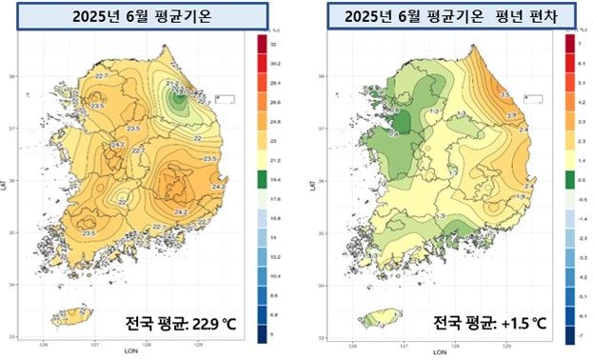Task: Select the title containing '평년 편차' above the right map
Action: pos(443,17)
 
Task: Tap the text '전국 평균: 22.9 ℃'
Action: pos(180,326)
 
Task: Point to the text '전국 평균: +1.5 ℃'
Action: pos(488,326)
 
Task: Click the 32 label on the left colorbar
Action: pos(274,46)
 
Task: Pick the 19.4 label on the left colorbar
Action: pos(275,180)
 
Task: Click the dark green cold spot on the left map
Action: pos(178,97)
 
